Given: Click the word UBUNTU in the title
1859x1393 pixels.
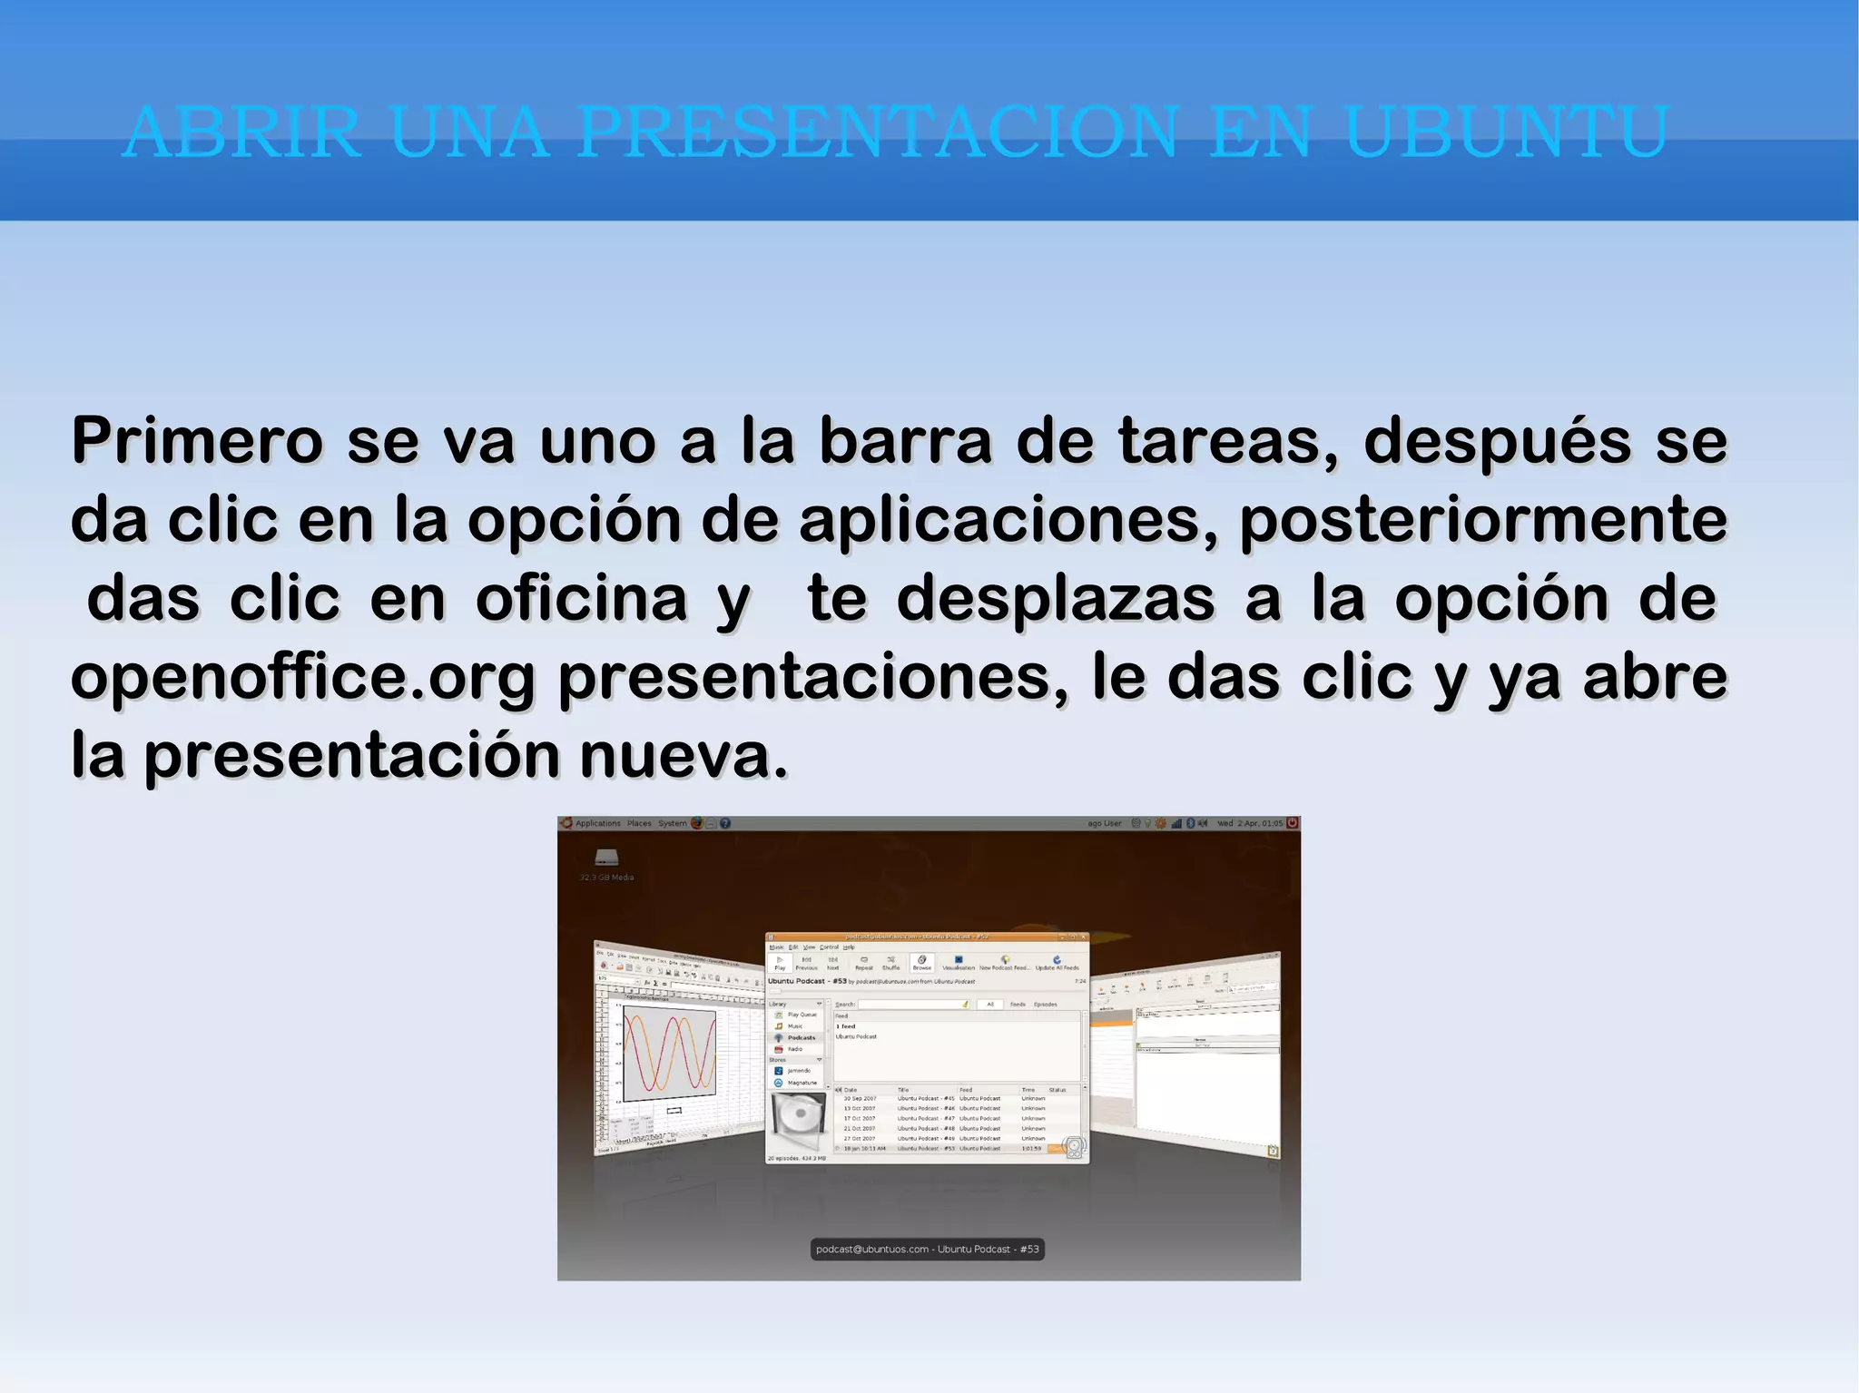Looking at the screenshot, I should (x=1506, y=132).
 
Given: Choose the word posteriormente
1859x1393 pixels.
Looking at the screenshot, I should (x=1483, y=521).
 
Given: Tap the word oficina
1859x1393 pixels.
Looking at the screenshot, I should (x=581, y=600).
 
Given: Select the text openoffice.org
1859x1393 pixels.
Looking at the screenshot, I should (x=303, y=679).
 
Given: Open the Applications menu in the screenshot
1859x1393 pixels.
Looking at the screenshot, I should (x=597, y=824).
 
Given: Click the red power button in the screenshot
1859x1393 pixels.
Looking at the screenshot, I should (x=1293, y=823).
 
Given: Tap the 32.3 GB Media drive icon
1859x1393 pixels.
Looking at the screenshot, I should (x=606, y=858).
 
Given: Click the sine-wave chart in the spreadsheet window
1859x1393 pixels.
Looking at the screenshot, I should (x=668, y=1052).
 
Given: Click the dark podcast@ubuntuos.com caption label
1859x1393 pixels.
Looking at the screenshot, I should (x=927, y=1250).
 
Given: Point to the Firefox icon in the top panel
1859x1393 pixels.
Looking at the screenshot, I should (x=697, y=823).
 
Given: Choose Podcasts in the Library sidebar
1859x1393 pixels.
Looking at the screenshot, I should (x=801, y=1037).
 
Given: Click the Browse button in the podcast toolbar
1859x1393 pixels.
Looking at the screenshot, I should (x=921, y=962).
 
